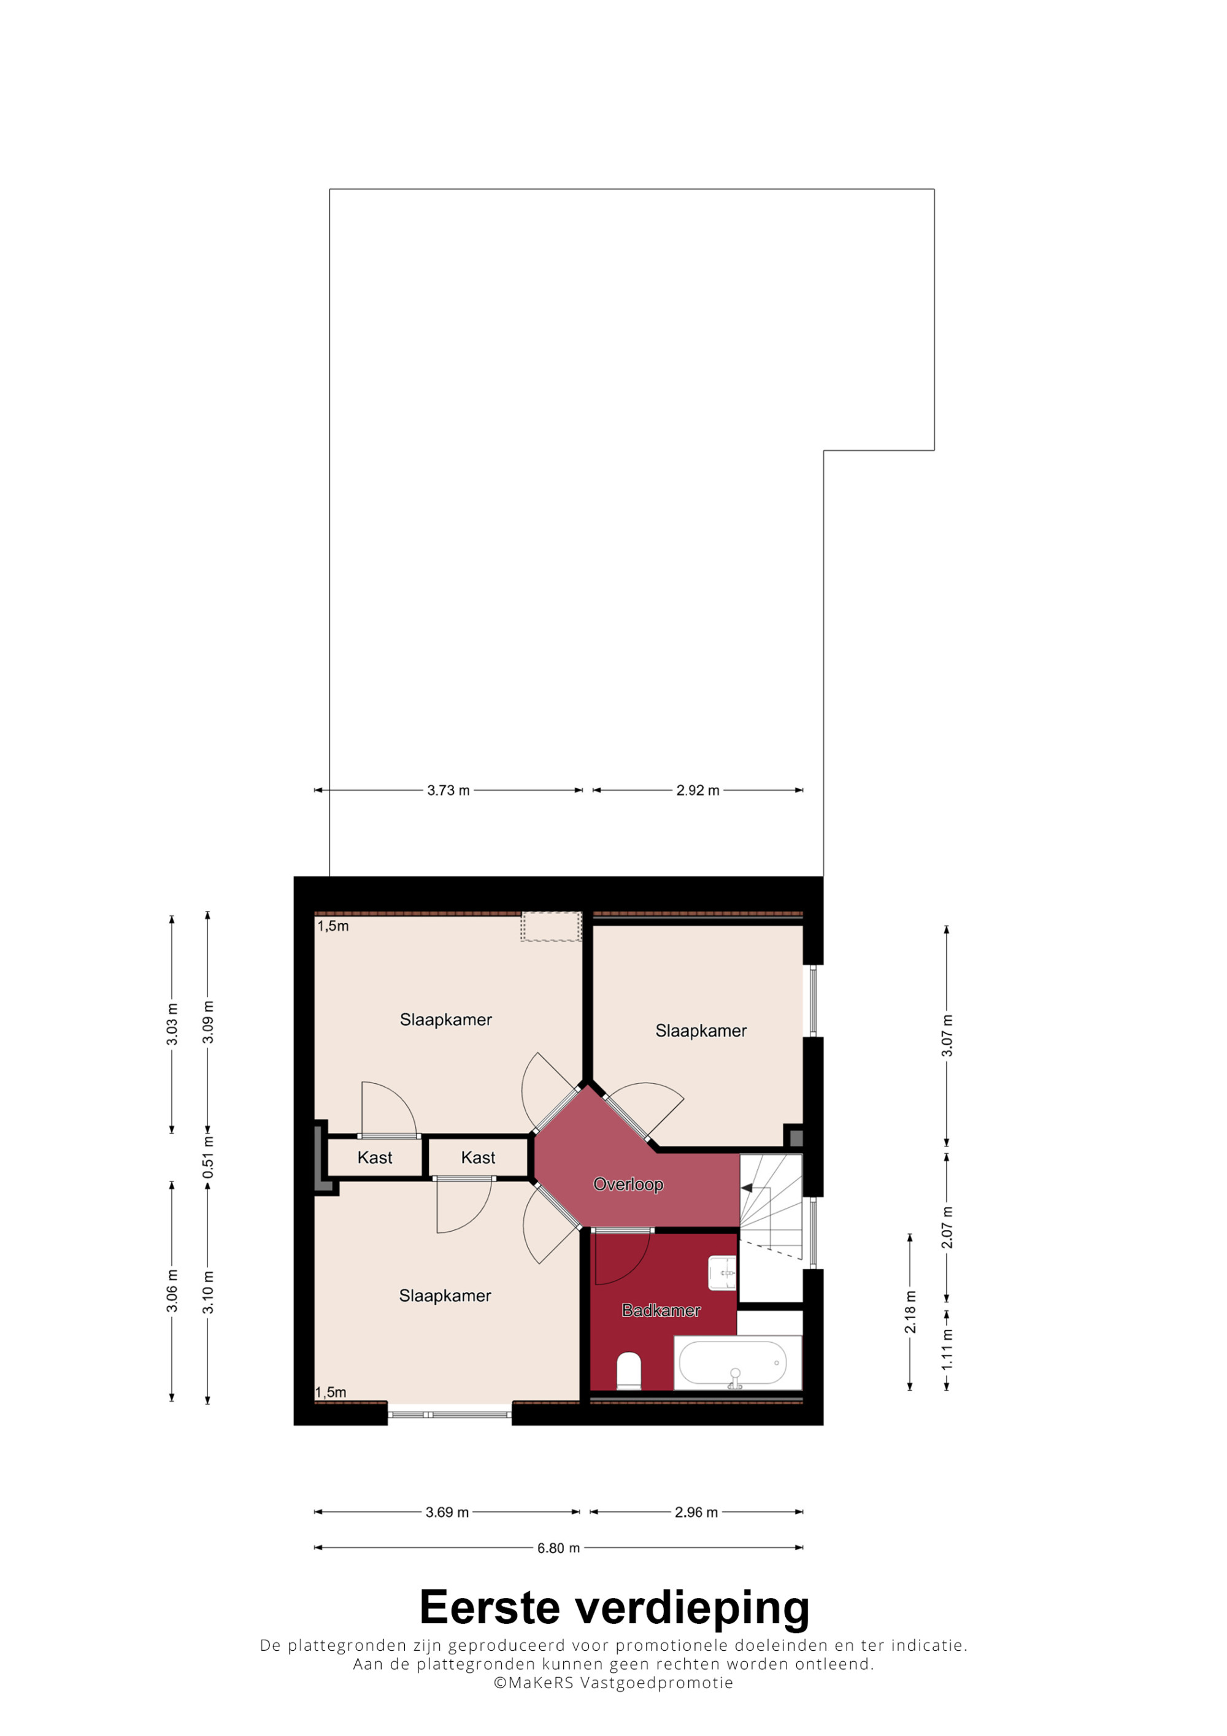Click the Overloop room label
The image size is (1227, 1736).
coord(628,1184)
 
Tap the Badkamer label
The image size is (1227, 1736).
coord(661,1310)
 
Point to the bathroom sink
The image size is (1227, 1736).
coord(722,1272)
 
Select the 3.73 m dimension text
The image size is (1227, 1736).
coord(448,790)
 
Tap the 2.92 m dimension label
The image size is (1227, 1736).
coord(698,790)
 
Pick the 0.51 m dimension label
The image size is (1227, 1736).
coord(208,1158)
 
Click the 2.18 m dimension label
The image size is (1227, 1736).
coord(910,1313)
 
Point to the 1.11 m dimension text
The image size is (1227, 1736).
coord(947,1350)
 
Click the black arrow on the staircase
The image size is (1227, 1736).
coord(746,1188)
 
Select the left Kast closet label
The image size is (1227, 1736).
coord(375,1158)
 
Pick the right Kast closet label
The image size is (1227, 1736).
coord(478,1158)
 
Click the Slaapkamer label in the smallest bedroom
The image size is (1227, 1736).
coord(701,1031)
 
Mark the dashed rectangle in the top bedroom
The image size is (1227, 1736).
coord(551,926)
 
